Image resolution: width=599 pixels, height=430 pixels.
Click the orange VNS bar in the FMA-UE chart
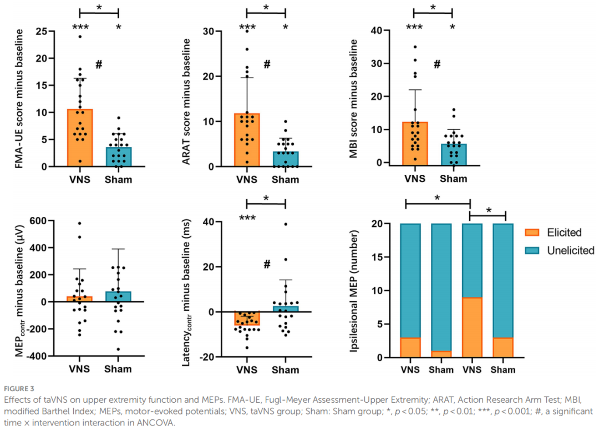(80, 138)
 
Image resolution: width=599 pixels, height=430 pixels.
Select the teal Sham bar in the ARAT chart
(285, 159)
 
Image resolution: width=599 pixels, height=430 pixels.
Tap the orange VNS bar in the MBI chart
(415, 143)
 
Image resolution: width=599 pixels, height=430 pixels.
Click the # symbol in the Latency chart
(267, 264)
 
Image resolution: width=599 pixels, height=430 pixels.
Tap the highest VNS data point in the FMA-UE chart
(80, 37)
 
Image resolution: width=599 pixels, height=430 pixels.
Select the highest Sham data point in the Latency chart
(286, 224)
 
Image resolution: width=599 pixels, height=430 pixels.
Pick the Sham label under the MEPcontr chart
(118, 370)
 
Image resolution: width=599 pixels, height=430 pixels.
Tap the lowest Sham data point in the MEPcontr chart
(118, 350)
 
